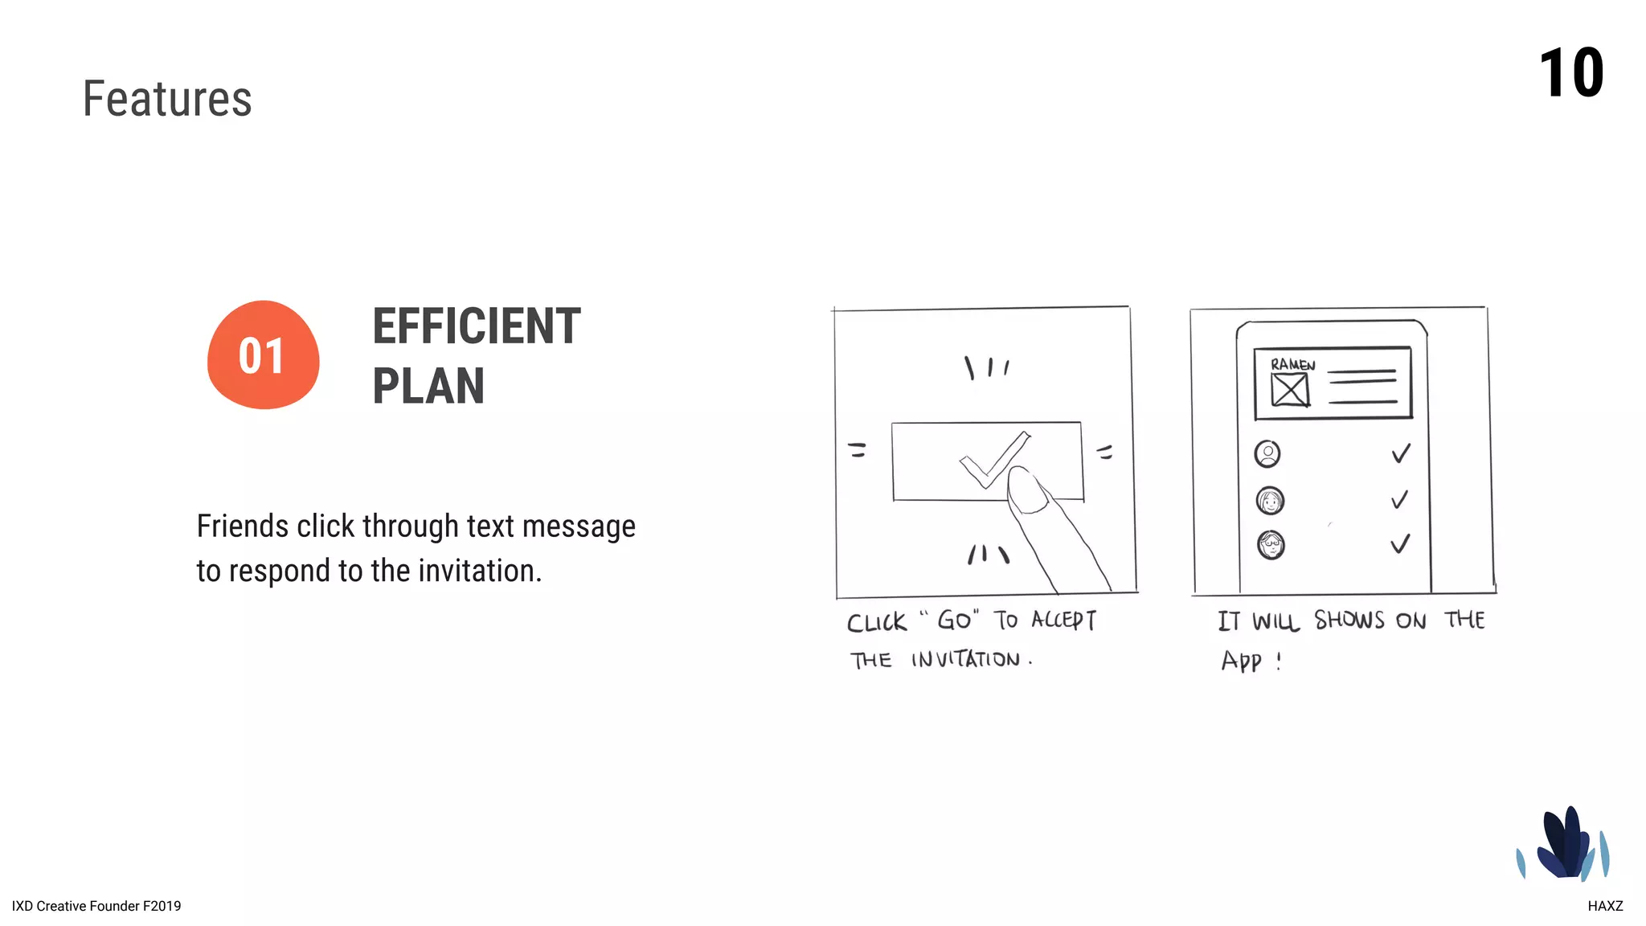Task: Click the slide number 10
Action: tap(1570, 74)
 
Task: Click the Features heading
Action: tap(167, 99)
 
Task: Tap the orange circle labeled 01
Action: tap(263, 355)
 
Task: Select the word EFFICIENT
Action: tap(476, 326)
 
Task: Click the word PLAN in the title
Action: tap(428, 387)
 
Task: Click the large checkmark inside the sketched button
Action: tap(993, 460)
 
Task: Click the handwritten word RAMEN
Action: tap(1292, 365)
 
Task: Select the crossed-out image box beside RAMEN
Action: tap(1290, 391)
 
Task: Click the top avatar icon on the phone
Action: tap(1267, 454)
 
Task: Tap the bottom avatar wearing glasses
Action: tap(1271, 545)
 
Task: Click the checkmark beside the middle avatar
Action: tap(1399, 500)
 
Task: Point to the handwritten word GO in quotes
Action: tap(954, 621)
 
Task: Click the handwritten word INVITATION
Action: tap(965, 660)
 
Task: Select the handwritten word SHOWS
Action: tap(1349, 621)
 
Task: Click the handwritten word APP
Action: tap(1242, 661)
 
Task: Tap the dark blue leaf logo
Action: tap(1563, 844)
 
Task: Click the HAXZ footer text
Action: tap(1604, 906)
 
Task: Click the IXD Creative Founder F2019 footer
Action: tap(96, 906)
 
